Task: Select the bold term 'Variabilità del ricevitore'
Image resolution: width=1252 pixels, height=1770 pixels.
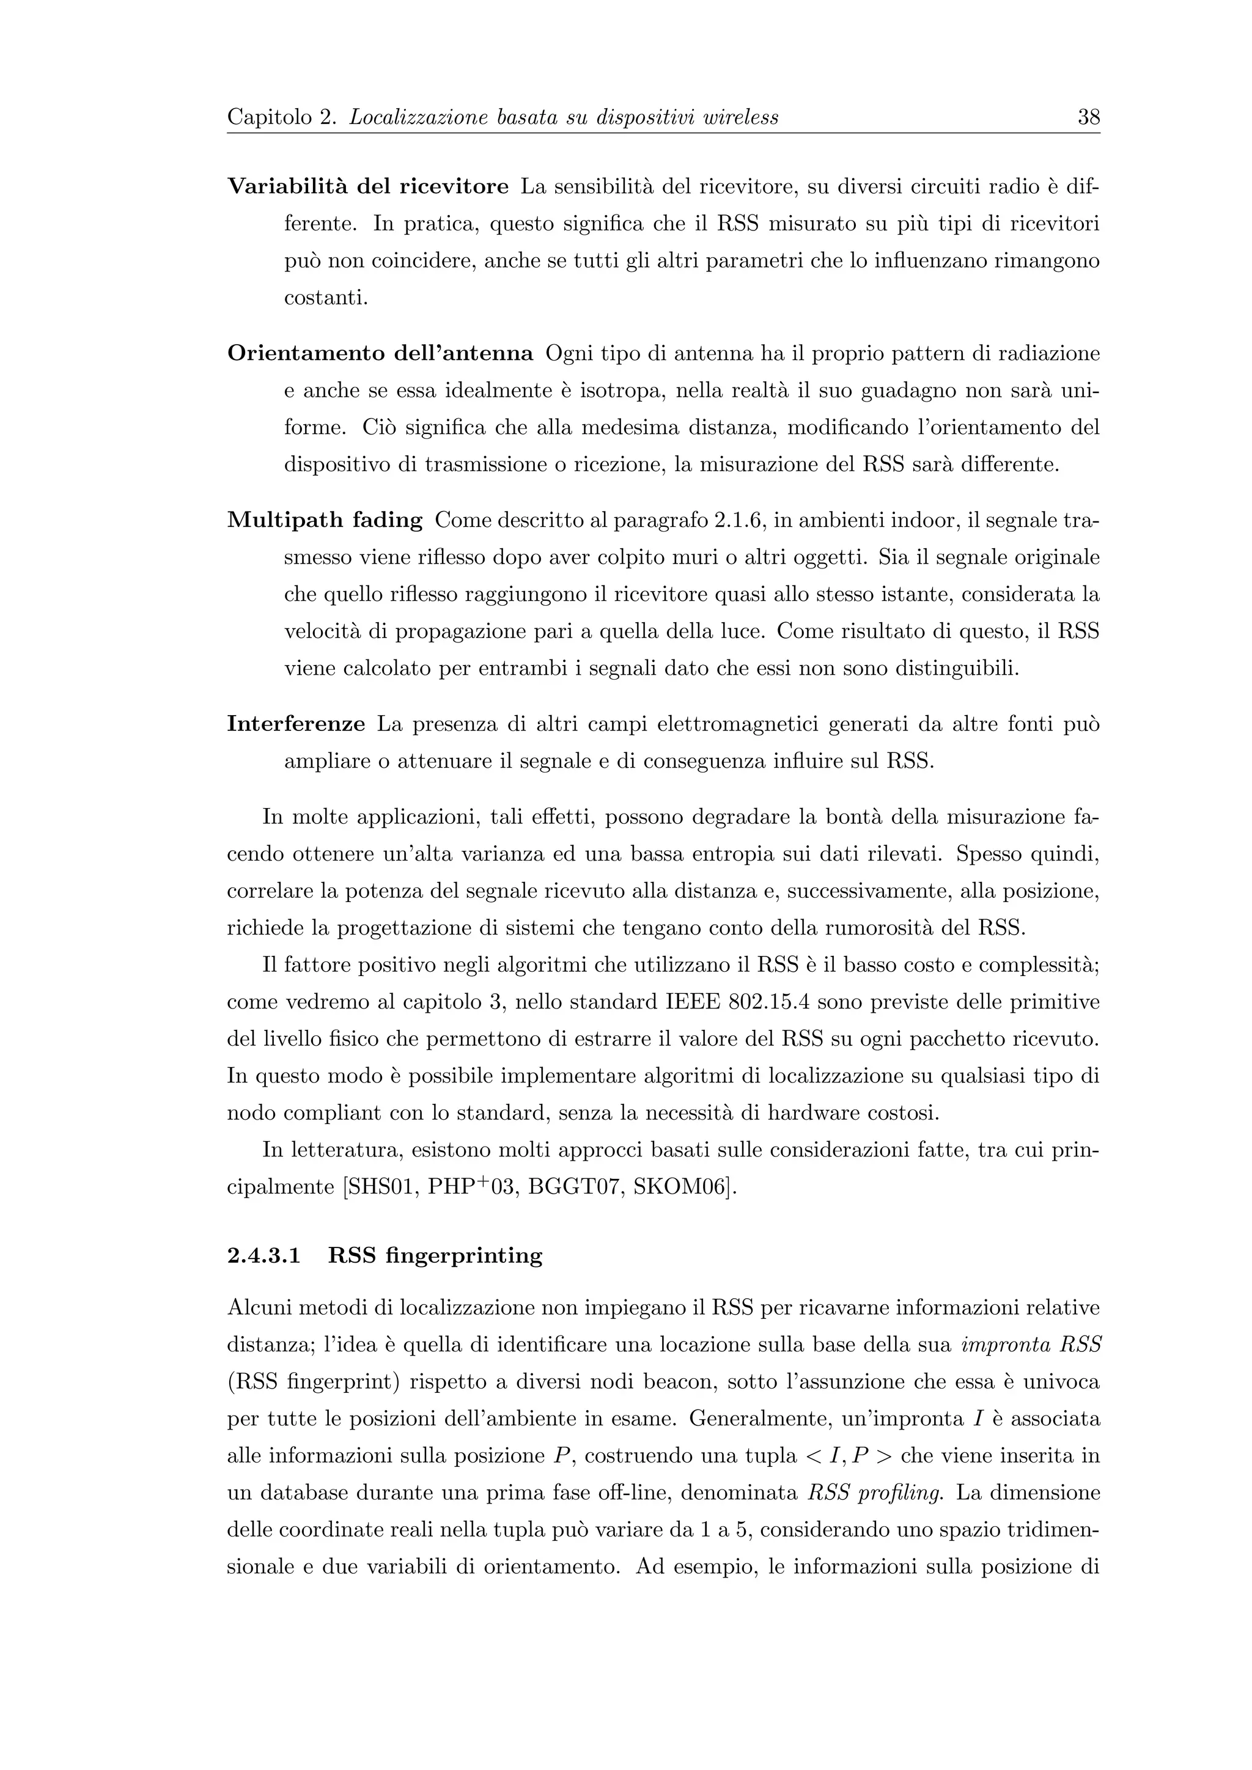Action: click(x=368, y=186)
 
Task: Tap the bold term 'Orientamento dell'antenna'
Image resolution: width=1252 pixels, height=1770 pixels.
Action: click(x=380, y=354)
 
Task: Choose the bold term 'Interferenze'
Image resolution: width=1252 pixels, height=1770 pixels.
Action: click(x=296, y=725)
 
